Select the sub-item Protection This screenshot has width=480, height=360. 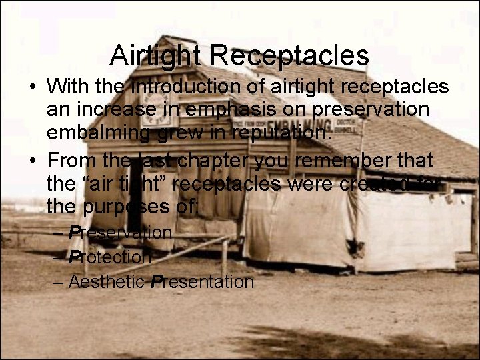[110, 257]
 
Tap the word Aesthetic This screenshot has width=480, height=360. [107, 282]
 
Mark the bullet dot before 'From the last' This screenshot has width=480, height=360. [32, 161]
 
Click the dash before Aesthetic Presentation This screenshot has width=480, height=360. [58, 282]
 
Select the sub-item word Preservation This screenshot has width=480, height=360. [121, 233]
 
